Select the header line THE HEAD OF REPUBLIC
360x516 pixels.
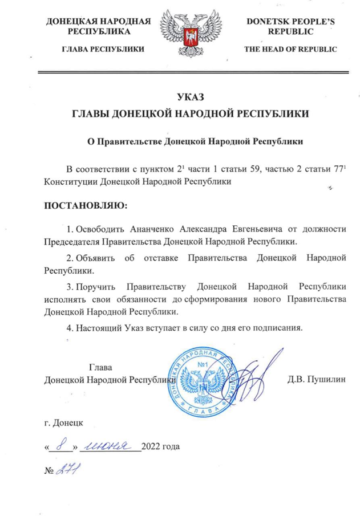[290, 50]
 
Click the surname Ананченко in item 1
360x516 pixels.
[147, 229]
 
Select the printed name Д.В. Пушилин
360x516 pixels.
[316, 379]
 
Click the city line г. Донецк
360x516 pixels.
[64, 424]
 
